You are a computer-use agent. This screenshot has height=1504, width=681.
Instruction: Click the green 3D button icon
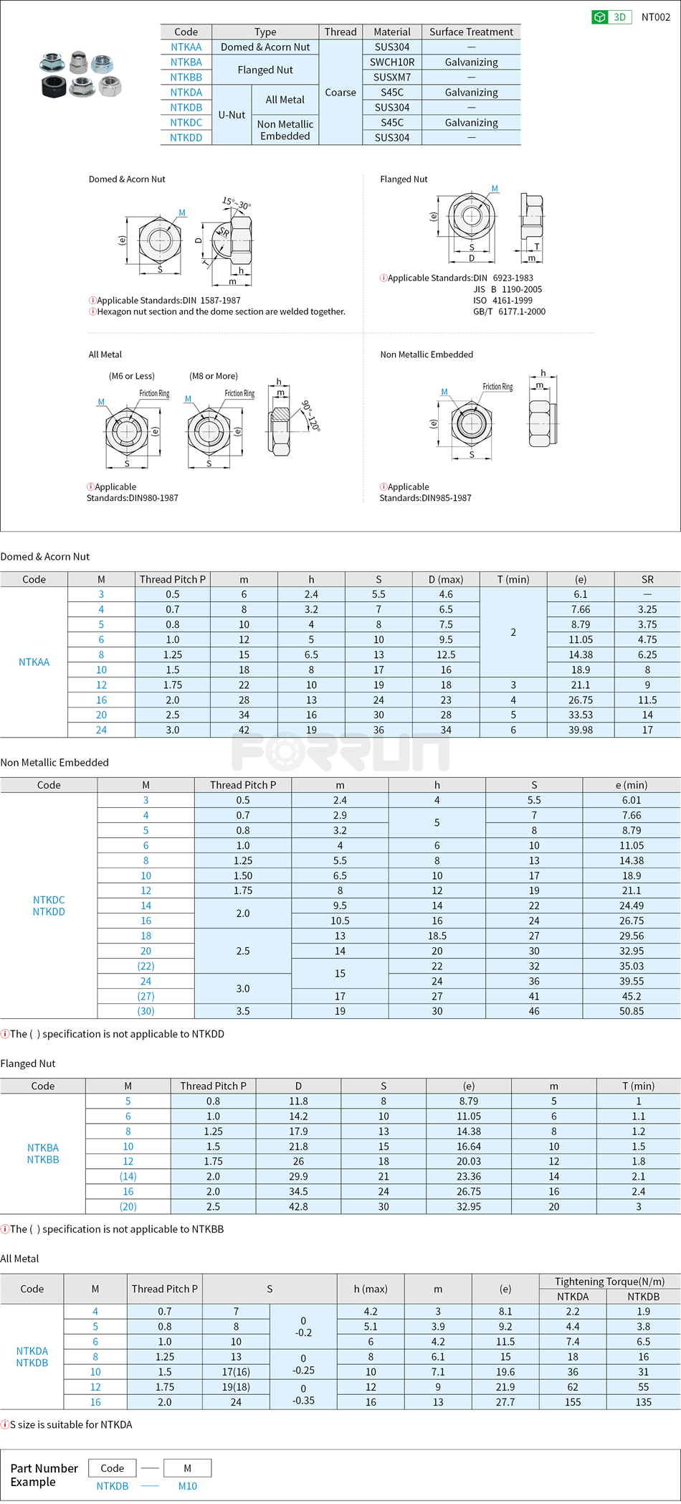601,17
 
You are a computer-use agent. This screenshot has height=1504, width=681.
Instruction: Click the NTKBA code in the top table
186,62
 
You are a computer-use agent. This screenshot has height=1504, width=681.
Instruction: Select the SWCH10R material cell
392,62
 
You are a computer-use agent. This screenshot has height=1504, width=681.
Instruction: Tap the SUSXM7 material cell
392,77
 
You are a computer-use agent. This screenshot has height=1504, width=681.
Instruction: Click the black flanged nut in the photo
54,88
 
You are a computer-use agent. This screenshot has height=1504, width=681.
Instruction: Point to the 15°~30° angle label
237,203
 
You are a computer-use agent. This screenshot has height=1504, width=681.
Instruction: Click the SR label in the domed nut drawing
224,232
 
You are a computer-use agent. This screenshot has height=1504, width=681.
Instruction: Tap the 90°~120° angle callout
310,415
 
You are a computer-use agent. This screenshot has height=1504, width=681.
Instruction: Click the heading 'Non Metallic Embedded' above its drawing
427,354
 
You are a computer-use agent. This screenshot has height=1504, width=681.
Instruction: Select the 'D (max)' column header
446,580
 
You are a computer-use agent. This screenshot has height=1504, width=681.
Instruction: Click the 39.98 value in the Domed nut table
580,730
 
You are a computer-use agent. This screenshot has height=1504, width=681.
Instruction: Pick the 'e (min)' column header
631,786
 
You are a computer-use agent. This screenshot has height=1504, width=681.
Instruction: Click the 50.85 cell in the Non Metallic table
631,1012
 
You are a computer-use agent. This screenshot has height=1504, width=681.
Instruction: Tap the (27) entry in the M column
146,997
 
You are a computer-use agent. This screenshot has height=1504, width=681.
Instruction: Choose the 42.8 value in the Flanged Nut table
298,1207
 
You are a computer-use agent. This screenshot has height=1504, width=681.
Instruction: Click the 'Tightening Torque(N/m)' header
609,1282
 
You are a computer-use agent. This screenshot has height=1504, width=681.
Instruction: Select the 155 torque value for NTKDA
572,1402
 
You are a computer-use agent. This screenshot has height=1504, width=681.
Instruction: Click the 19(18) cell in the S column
236,1387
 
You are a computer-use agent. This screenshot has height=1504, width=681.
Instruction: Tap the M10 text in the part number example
187,1486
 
